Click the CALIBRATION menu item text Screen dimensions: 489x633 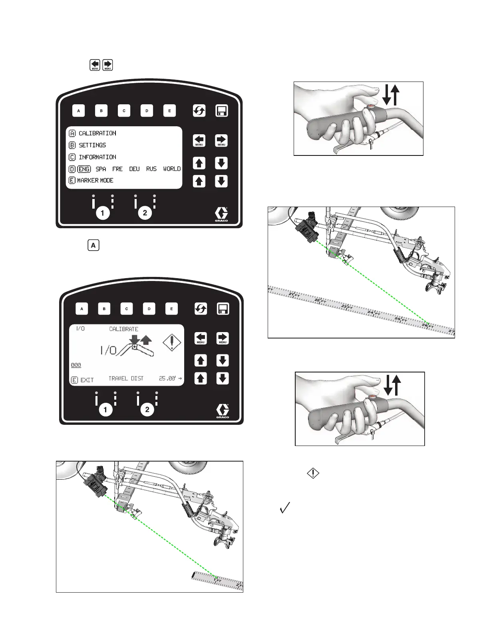97,133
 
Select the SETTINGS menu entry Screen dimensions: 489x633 92,145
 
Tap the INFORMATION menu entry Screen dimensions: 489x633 97,157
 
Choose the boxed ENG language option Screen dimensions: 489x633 84,169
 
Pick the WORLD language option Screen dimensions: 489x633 172,169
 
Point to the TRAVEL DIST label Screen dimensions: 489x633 126,378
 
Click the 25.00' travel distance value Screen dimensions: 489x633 167,378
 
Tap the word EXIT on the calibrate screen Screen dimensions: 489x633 87,380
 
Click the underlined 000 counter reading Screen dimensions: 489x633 76,365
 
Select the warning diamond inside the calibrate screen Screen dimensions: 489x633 172,342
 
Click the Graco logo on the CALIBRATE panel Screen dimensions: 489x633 223,411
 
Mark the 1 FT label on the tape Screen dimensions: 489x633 217,580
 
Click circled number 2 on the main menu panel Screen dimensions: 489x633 145,213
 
